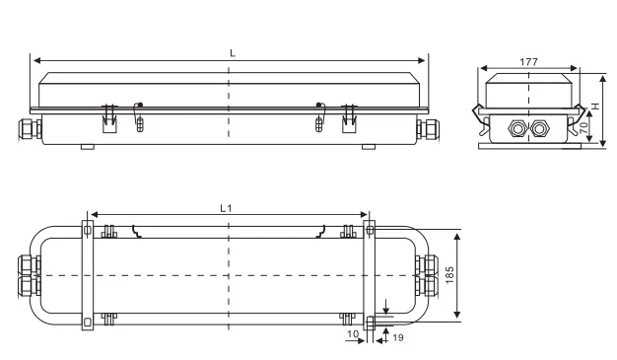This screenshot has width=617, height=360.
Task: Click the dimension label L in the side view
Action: click(233, 53)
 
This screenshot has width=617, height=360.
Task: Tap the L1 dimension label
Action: click(226, 208)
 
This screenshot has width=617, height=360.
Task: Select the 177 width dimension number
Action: click(529, 62)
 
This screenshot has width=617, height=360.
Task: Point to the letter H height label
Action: click(595, 106)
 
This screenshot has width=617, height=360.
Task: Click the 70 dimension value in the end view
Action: click(583, 127)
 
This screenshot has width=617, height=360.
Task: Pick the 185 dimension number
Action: click(449, 275)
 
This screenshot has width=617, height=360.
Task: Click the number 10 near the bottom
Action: click(353, 334)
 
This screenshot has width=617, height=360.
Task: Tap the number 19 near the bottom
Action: click(398, 337)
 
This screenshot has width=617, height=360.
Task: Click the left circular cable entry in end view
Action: click(517, 129)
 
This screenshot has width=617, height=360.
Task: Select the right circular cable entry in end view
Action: click(539, 129)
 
